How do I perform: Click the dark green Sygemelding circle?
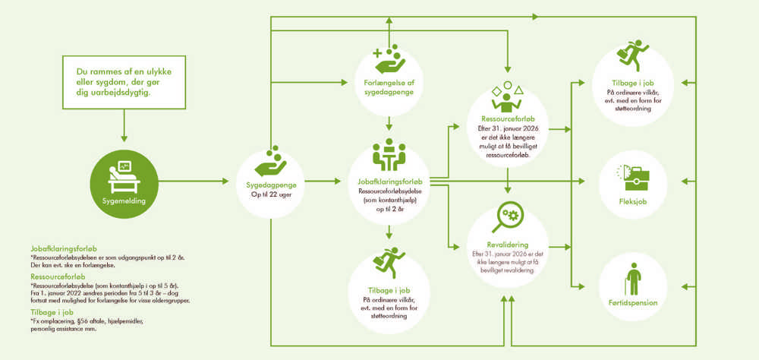tap(124, 184)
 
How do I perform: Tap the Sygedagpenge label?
tap(270, 185)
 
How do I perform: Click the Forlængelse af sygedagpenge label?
tap(389, 87)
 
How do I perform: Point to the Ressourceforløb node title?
tap(507, 119)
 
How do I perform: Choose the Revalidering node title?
tap(508, 245)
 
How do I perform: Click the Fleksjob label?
tap(633, 201)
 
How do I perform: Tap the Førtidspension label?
tap(633, 303)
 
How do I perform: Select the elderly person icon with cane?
tap(633, 278)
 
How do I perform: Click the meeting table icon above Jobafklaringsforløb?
tap(389, 155)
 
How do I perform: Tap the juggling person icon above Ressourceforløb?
tap(507, 96)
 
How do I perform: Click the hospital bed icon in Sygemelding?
tap(124, 178)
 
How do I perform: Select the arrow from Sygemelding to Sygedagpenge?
tap(193, 182)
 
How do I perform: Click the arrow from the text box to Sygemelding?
tap(124, 125)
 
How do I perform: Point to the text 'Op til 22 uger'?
tap(270, 194)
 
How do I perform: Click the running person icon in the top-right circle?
tap(633, 56)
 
